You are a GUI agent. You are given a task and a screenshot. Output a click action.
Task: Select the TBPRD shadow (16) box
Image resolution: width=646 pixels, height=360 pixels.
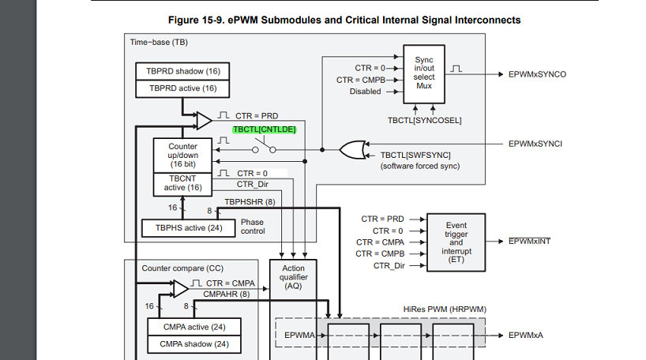point(181,71)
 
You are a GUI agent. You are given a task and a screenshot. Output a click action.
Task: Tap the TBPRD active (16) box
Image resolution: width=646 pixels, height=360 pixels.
point(181,88)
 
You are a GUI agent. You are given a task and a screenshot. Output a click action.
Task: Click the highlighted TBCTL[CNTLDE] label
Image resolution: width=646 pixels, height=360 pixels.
point(264,129)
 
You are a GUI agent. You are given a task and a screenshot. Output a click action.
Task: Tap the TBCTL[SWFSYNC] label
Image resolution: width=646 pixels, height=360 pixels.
point(415,156)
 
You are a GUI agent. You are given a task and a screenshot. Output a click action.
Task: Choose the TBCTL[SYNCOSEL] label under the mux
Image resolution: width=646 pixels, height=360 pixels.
point(424,120)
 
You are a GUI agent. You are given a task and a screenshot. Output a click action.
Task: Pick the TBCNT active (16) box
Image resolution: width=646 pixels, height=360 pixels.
point(182,183)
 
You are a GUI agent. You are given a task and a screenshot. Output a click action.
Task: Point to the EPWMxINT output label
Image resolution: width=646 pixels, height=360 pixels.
point(529,241)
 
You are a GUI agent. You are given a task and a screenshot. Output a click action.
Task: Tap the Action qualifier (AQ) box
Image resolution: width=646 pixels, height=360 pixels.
point(293,278)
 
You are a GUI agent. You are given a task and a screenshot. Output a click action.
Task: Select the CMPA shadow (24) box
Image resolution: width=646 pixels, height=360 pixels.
point(194,343)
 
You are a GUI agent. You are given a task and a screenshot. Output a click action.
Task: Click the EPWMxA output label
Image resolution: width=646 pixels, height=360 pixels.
point(526,335)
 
